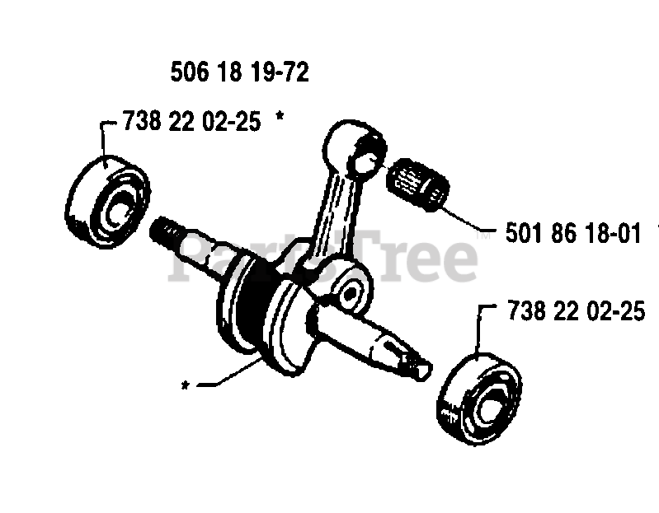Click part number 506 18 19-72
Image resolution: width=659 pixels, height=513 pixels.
click(239, 73)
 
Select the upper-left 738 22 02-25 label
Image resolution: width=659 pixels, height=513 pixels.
click(191, 122)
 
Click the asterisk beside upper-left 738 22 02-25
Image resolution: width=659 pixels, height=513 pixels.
click(280, 120)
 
